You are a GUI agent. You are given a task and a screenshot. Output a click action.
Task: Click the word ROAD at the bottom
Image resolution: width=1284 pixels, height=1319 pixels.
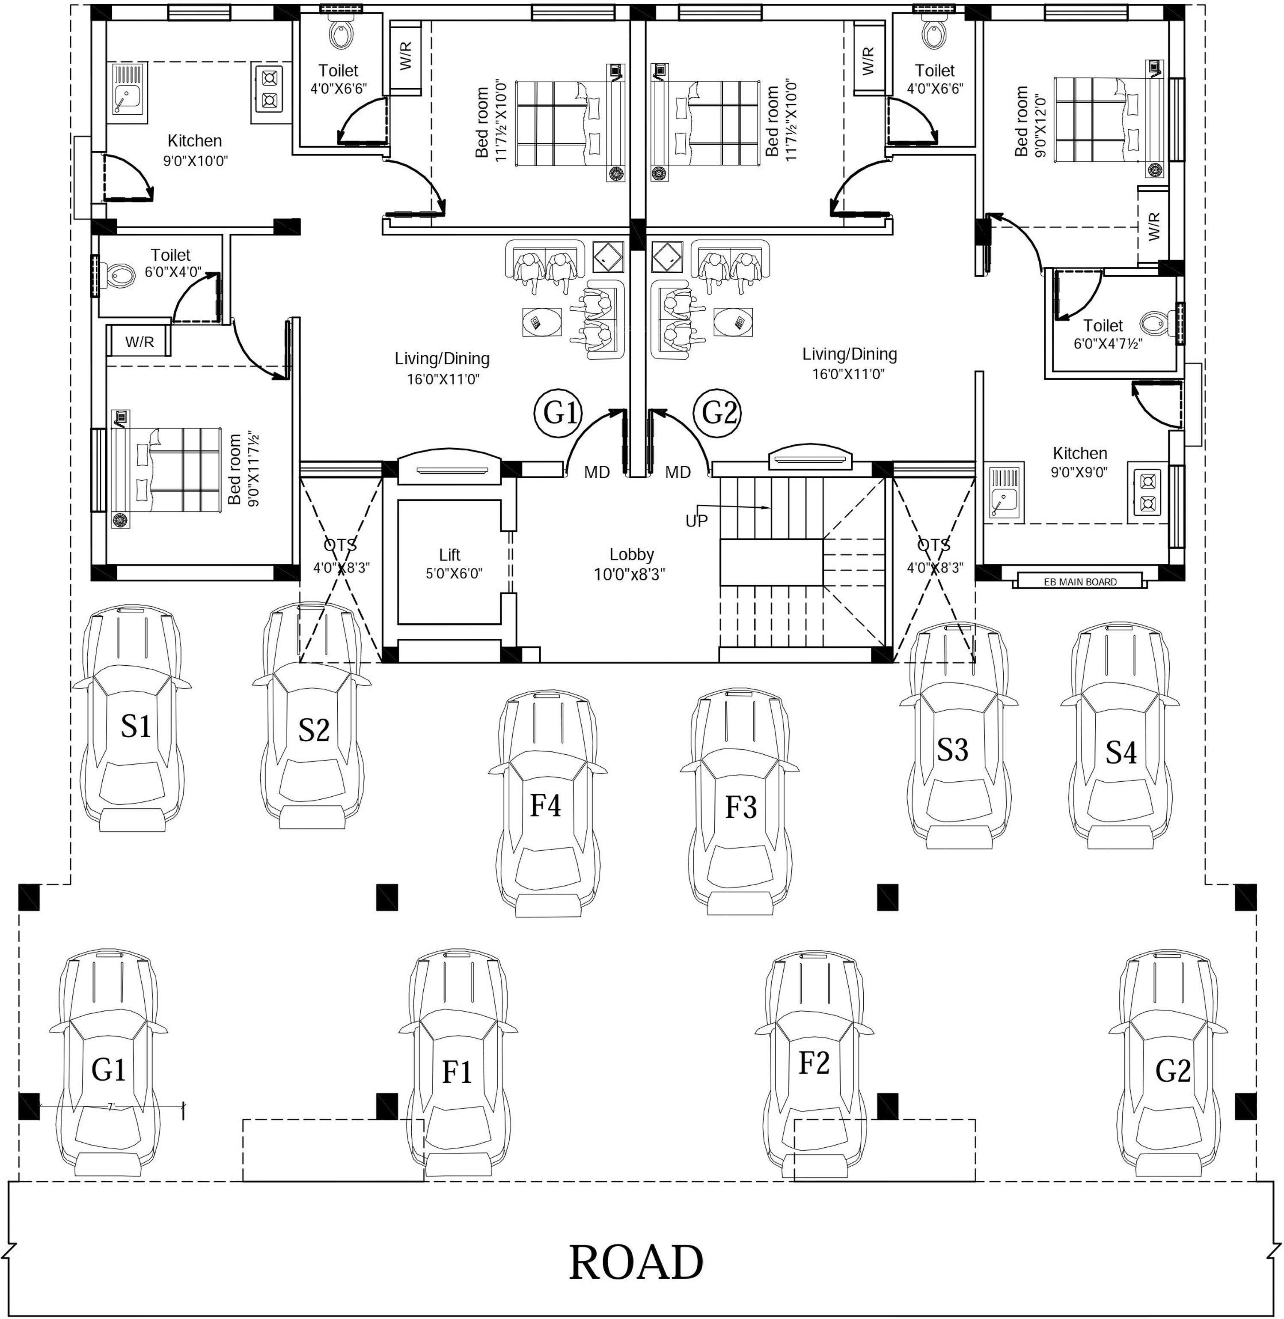[636, 1262]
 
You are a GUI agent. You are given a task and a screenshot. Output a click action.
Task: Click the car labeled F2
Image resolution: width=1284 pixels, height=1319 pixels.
[814, 1065]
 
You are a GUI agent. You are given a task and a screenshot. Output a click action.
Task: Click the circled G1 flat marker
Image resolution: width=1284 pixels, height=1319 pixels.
[559, 413]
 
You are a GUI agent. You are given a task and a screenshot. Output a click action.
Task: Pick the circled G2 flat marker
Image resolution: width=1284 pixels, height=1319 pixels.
[719, 412]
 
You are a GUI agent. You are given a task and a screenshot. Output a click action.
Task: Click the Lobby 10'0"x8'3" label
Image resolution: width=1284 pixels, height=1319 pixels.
[630, 565]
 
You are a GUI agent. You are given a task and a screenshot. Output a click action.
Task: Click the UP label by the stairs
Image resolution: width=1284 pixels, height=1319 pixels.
[697, 521]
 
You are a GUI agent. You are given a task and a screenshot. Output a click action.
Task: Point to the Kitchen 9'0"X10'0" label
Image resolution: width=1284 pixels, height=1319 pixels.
[195, 150]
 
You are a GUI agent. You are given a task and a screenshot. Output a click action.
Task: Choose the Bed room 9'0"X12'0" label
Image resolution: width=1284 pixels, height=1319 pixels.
[1029, 122]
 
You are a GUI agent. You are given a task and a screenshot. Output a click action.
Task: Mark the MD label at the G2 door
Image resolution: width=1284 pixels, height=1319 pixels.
[678, 472]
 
